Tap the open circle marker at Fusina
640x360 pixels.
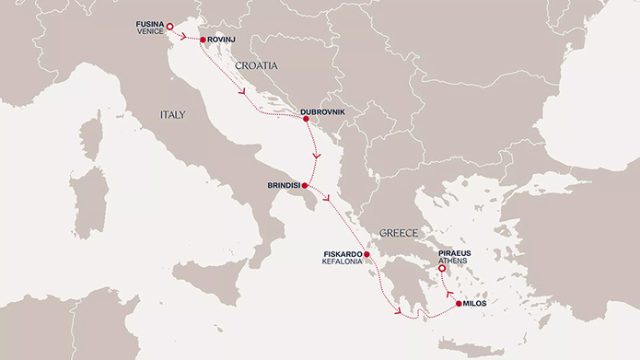pyautogui.click(x=169, y=26)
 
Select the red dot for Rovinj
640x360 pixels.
pyautogui.click(x=202, y=41)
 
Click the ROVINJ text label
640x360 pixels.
pyautogui.click(x=227, y=41)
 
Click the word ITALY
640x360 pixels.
pyautogui.click(x=171, y=115)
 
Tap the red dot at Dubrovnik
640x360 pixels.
pyautogui.click(x=306, y=119)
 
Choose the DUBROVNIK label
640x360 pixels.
pyautogui.click(x=323, y=112)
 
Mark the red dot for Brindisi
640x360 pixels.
pyautogui.click(x=305, y=186)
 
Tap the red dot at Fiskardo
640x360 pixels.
pyautogui.click(x=367, y=254)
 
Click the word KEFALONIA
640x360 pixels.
pyautogui.click(x=341, y=262)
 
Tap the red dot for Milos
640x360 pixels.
pyautogui.click(x=458, y=303)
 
